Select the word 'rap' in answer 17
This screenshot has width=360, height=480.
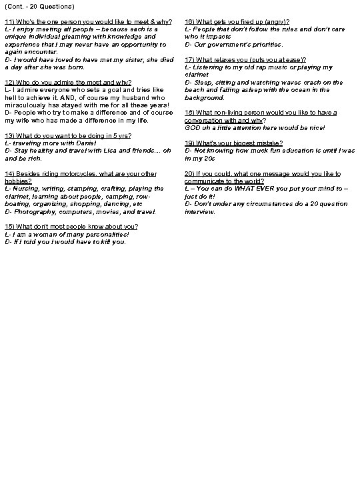(257, 67)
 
